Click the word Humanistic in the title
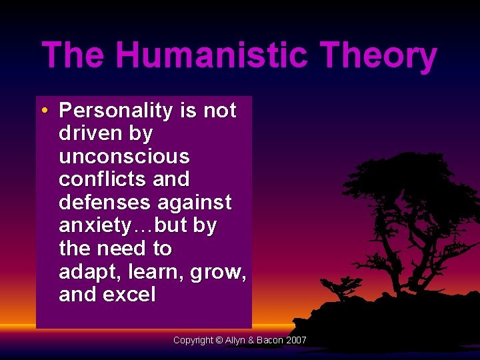[211, 56]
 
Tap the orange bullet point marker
[43, 110]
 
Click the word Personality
[117, 110]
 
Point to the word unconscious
[124, 157]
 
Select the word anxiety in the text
[96, 225]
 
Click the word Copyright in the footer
[193, 340]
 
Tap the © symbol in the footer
[219, 340]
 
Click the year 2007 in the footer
[295, 340]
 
